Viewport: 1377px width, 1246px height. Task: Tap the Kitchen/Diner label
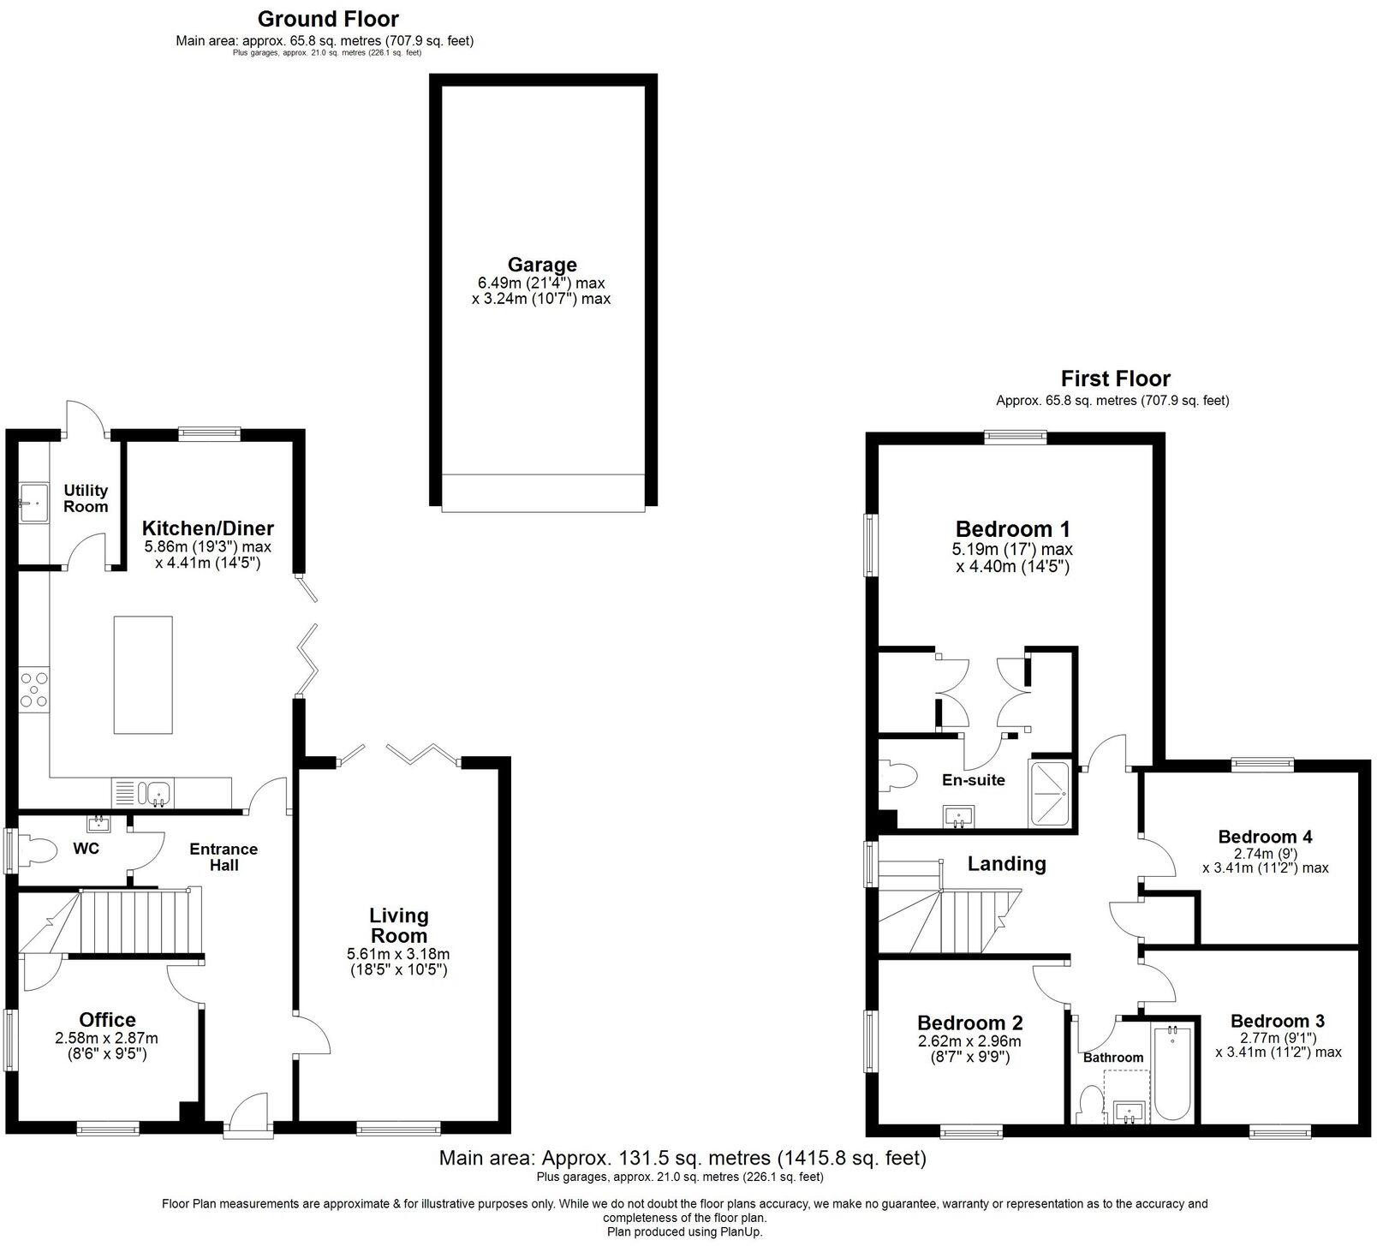(207, 528)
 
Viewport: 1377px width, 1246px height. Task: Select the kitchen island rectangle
(143, 675)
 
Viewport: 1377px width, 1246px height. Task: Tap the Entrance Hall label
(224, 856)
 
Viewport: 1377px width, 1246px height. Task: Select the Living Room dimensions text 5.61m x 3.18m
(398, 954)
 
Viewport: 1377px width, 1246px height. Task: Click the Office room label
(107, 1019)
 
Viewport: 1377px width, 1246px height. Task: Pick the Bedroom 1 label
(1012, 528)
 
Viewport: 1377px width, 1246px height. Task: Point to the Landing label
(1006, 863)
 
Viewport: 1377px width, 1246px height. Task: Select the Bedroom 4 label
(1265, 837)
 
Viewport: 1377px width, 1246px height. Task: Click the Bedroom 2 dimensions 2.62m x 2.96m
(969, 1042)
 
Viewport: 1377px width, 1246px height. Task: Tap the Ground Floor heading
(328, 18)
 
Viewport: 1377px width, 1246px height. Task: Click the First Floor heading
(1115, 378)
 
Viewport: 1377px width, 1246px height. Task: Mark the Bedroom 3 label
(1277, 1021)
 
